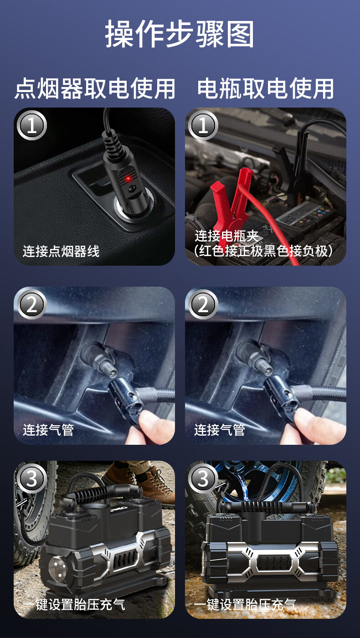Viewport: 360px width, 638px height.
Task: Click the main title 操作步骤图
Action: coord(180,34)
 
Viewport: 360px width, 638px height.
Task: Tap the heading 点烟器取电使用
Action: coord(95,88)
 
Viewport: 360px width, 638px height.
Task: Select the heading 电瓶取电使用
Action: coord(265,88)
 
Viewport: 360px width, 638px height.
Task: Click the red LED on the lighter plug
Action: coord(129,179)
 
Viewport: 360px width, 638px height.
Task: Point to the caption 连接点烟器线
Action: coord(61,251)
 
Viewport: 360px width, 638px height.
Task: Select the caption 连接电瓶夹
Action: coord(226,236)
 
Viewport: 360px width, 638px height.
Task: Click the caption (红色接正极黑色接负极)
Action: coord(263,251)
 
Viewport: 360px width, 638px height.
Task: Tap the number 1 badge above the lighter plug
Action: coord(31,125)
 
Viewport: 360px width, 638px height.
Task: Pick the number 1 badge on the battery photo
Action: coord(203,125)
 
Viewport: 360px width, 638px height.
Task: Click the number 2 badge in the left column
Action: coord(31,304)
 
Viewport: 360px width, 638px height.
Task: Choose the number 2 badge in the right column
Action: coord(203,304)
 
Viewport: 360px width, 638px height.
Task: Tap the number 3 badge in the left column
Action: coord(31,478)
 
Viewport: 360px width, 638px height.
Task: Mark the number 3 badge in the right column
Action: coord(203,478)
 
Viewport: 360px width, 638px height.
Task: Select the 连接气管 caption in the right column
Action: coord(220,430)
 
